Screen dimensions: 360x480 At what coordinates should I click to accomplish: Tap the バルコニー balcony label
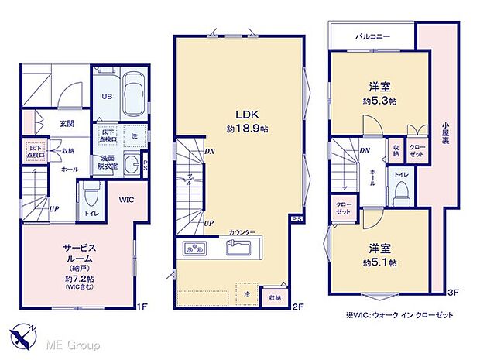point(372,36)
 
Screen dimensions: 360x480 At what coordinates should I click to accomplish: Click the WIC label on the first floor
point(127,200)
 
